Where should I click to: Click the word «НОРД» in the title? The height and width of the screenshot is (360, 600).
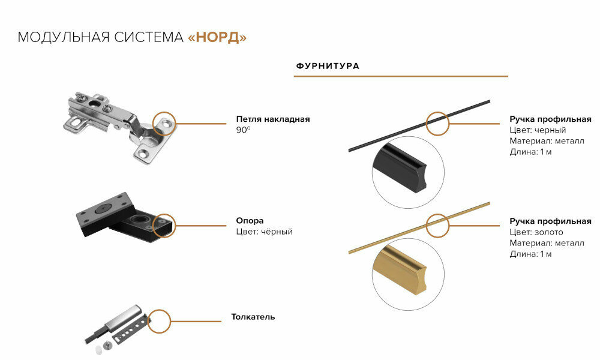217,37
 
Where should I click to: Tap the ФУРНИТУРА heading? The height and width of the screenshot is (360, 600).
328,66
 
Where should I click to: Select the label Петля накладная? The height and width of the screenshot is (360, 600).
273,119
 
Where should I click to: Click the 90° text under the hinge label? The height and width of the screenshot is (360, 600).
243,130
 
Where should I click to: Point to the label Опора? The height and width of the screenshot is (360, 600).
250,221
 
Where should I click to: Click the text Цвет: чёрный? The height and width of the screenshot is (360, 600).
264,232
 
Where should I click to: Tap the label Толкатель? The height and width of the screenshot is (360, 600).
253,317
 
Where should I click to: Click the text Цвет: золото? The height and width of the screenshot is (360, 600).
536,232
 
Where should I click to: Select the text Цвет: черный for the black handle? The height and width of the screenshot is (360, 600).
538,130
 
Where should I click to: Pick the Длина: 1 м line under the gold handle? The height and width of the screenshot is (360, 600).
530,254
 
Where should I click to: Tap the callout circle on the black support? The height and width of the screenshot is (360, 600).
164,225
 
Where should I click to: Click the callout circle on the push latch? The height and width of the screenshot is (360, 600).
159,321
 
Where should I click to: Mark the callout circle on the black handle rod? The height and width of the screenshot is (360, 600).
437,122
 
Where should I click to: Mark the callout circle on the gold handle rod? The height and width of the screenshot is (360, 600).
437,224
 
